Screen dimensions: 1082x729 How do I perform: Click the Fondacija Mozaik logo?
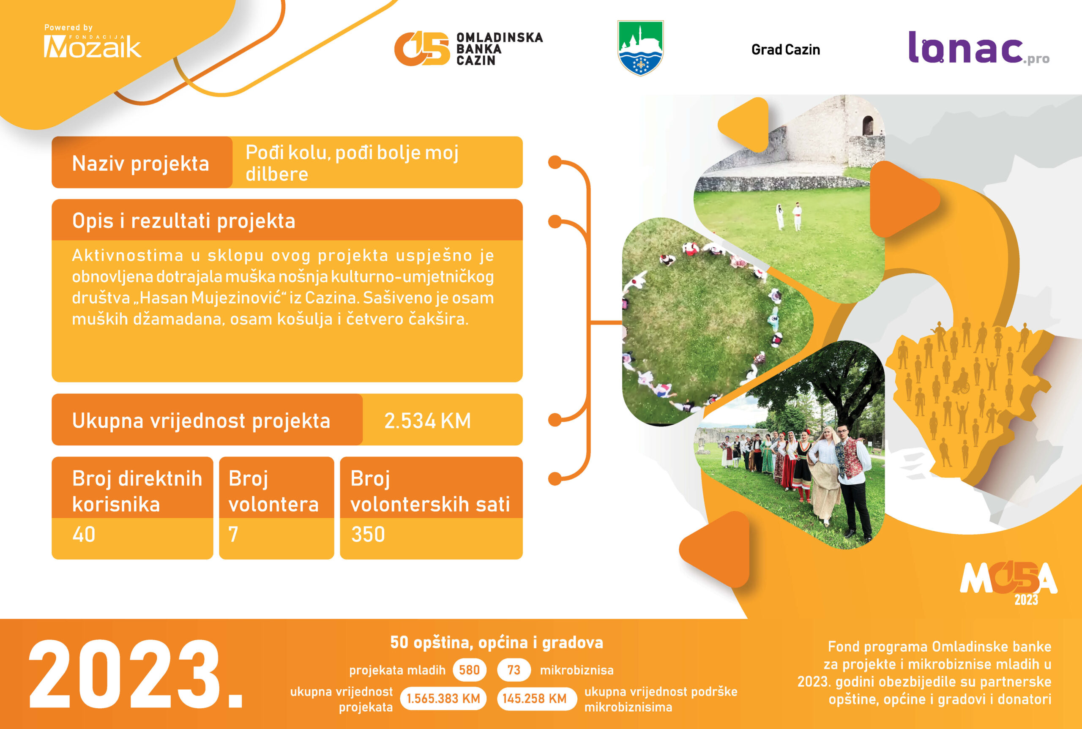click(x=92, y=41)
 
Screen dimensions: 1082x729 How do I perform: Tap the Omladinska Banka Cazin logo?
click(x=468, y=48)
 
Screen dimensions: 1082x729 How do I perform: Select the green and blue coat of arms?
click(x=640, y=48)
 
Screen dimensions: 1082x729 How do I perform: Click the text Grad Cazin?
click(x=785, y=50)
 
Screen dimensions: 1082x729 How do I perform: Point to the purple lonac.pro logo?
click(x=979, y=48)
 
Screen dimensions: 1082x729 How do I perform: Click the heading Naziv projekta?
click(x=140, y=164)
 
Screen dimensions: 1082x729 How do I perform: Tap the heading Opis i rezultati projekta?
click(x=184, y=221)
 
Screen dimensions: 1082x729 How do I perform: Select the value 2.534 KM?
click(x=427, y=421)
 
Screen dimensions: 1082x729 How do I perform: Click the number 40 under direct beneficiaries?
click(x=84, y=534)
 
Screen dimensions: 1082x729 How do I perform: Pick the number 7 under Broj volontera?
click(x=233, y=534)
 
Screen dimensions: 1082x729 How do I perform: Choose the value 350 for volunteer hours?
click(x=368, y=534)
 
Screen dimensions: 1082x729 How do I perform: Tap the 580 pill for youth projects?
click(x=469, y=670)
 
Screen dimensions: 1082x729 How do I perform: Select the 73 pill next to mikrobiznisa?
click(x=514, y=670)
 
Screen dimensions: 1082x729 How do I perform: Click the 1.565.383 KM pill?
click(x=443, y=699)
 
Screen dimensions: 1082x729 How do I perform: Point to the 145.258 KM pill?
click(x=535, y=699)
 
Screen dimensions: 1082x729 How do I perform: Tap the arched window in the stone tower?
click(x=868, y=126)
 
